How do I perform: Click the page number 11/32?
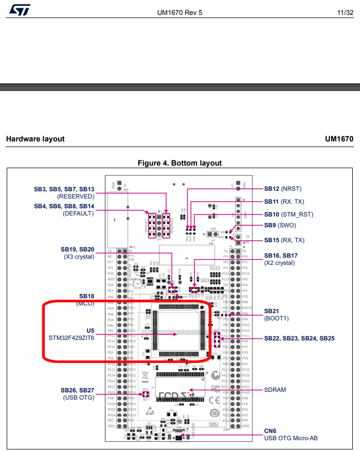click(346, 12)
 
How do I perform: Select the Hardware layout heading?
click(35, 139)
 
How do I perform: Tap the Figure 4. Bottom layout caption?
click(179, 163)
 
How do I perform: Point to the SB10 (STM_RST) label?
click(289, 214)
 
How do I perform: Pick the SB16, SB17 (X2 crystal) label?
click(281, 259)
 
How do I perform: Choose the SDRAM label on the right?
click(275, 390)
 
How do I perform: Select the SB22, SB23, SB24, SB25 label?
click(299, 338)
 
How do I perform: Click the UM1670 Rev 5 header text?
click(179, 12)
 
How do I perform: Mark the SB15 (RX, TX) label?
click(284, 240)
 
